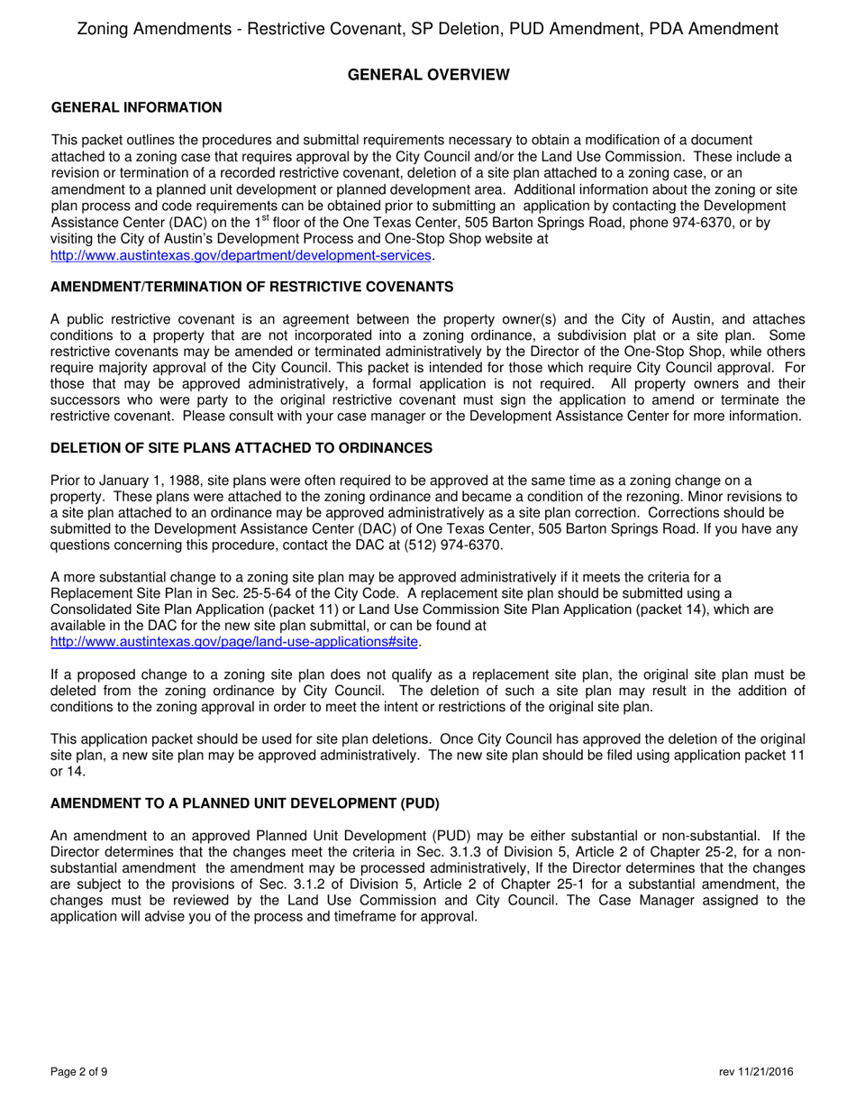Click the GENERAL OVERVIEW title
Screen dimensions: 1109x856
[428, 75]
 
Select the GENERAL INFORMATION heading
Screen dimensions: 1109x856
[136, 108]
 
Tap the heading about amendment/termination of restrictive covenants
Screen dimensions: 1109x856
[251, 287]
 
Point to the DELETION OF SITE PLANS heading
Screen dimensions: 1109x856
[241, 448]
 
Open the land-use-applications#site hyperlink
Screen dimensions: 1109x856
[234, 642]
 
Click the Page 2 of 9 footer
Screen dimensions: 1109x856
[79, 1072]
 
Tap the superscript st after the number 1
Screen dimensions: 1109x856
[263, 216]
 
